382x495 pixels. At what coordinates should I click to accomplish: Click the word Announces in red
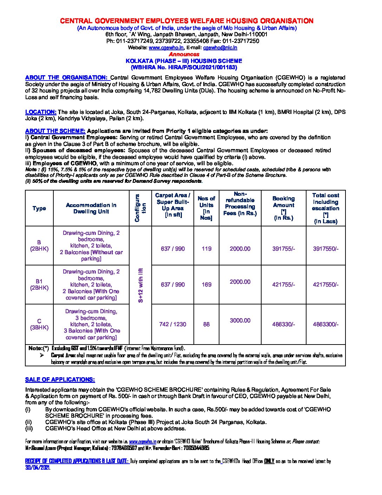click(x=184, y=54)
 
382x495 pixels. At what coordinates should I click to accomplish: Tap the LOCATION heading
click(x=41, y=112)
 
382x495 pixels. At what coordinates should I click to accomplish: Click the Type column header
click(x=39, y=208)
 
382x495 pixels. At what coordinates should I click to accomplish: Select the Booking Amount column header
click(x=283, y=208)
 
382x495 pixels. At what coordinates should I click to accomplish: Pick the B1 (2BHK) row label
click(x=39, y=284)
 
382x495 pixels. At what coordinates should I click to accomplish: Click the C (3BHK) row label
click(x=39, y=324)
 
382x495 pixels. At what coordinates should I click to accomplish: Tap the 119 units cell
click(x=206, y=249)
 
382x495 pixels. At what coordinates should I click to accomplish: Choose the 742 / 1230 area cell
click(x=172, y=324)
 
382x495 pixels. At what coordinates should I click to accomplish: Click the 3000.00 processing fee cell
click(x=240, y=321)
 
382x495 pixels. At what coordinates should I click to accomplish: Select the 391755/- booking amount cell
click(x=283, y=249)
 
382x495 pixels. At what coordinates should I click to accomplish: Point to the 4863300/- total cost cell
click(x=325, y=324)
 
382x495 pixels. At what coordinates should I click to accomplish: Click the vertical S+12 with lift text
click(x=141, y=285)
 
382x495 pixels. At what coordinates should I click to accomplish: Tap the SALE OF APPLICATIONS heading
click(x=60, y=380)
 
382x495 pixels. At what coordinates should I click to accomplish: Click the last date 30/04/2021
click(x=38, y=468)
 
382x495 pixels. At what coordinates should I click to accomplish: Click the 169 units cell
click(x=206, y=284)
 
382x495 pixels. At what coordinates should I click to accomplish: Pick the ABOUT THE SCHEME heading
click(x=55, y=131)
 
